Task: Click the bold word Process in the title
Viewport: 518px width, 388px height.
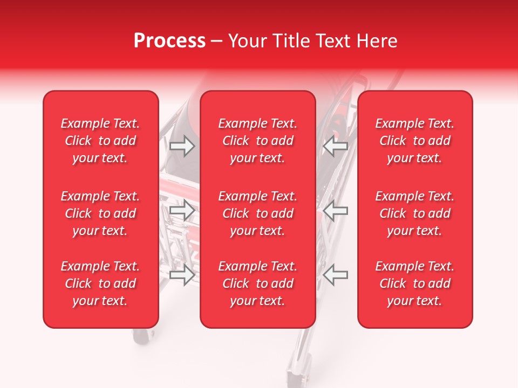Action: pos(169,41)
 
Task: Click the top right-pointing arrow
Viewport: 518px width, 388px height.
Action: pos(182,146)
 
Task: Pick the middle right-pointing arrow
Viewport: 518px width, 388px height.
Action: pos(182,211)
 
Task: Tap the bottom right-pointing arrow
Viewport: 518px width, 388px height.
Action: pos(182,275)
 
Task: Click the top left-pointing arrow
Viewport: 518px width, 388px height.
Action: pos(335,146)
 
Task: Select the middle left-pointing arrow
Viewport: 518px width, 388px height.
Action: pos(335,211)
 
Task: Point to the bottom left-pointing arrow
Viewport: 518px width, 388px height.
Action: pos(335,275)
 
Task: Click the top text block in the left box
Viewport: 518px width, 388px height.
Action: pos(100,141)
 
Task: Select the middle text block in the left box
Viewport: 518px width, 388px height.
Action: pos(100,213)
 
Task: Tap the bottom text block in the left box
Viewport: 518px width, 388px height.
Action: pos(100,283)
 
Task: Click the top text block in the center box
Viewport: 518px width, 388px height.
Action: pos(257,141)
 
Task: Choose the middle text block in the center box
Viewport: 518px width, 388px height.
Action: pos(257,213)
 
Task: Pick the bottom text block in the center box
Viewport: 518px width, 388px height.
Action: pos(257,283)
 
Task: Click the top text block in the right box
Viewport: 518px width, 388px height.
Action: pos(414,141)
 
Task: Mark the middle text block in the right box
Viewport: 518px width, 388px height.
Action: pos(414,213)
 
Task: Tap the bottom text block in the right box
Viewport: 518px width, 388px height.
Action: pos(414,283)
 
